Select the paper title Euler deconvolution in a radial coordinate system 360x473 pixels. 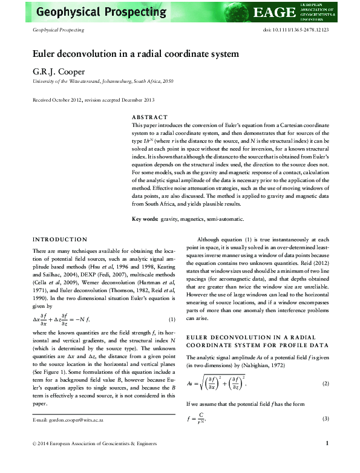[x=136, y=54]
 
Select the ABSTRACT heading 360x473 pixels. [x=149, y=116]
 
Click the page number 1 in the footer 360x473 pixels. [x=327, y=460]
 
